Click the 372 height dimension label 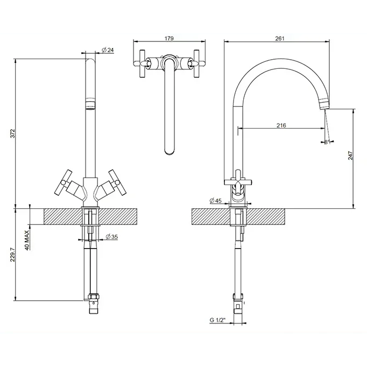pyautogui.click(x=13, y=133)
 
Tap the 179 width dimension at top pyautogui.click(x=169, y=38)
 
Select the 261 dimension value pyautogui.click(x=280, y=38)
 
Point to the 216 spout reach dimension pyautogui.click(x=281, y=125)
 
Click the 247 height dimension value pyautogui.click(x=350, y=156)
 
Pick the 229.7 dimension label pyautogui.click(x=13, y=255)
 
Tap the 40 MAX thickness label pyautogui.click(x=27, y=240)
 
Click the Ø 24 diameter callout pyautogui.click(x=108, y=50)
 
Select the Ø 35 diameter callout pyautogui.click(x=112, y=237)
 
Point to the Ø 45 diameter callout pyautogui.click(x=216, y=201)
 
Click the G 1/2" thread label pyautogui.click(x=217, y=320)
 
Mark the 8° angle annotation pyautogui.click(x=327, y=142)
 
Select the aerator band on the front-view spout pyautogui.click(x=90, y=104)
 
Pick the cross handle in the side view pyautogui.click(x=238, y=182)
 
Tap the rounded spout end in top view pyautogui.click(x=170, y=151)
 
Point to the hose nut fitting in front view pyautogui.click(x=94, y=298)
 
